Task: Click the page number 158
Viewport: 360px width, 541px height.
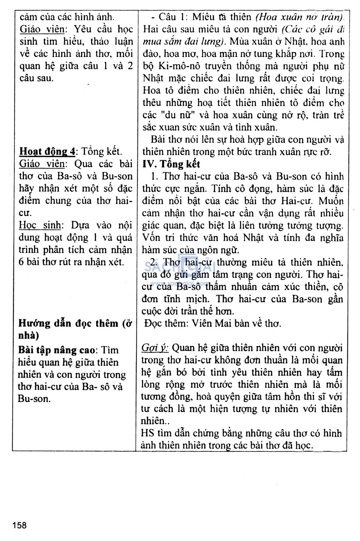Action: [x=20, y=526]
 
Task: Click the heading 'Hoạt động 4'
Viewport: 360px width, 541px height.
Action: [x=47, y=152]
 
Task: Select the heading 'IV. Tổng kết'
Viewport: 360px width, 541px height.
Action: [x=171, y=164]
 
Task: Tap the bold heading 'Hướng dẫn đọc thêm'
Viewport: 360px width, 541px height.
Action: [x=68, y=324]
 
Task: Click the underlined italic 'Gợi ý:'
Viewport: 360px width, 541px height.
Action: [x=155, y=348]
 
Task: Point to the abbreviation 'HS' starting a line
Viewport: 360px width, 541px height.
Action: [x=147, y=433]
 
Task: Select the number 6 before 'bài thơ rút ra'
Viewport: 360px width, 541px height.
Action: [x=21, y=262]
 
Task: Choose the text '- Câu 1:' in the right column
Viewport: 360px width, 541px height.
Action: [x=168, y=17]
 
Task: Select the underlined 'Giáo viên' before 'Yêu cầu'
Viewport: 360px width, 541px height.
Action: [x=42, y=29]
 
